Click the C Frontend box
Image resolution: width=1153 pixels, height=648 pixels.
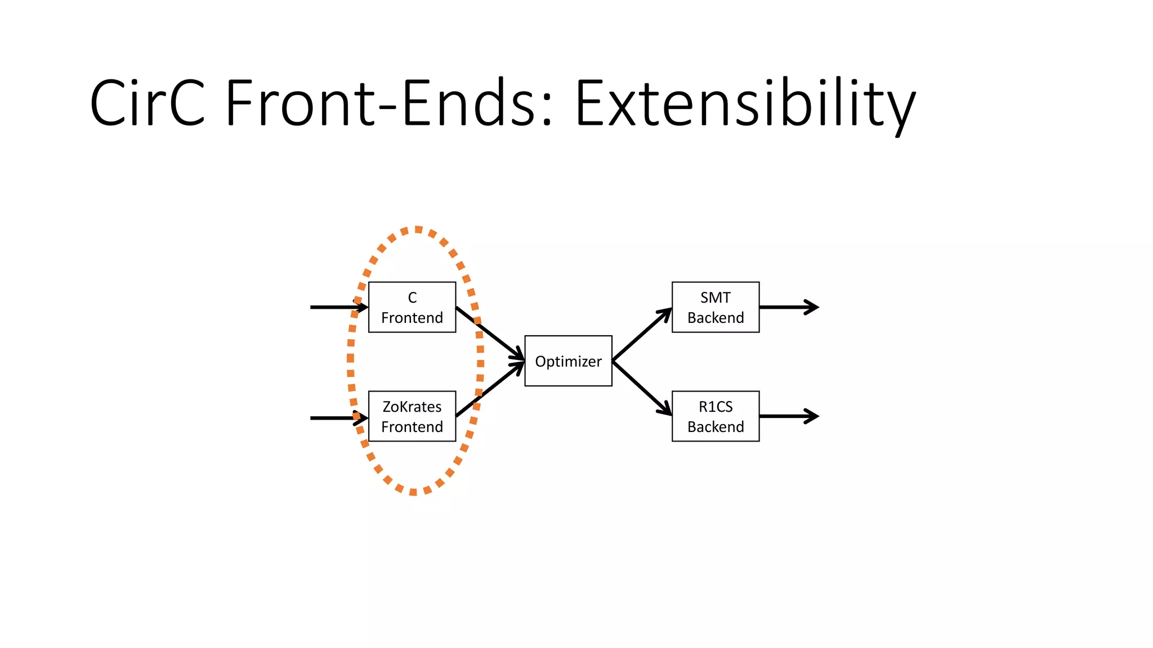[x=412, y=307]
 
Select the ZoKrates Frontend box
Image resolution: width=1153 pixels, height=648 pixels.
[x=412, y=416]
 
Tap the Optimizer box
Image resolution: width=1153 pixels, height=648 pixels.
[x=568, y=361]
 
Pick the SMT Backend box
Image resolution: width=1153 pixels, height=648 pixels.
[x=715, y=307]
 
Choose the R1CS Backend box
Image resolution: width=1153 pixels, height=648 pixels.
[x=715, y=416]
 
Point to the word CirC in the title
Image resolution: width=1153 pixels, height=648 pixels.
[x=148, y=103]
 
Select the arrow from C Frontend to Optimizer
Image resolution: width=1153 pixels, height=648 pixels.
[x=490, y=332]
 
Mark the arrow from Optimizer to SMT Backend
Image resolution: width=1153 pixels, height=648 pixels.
[x=642, y=334]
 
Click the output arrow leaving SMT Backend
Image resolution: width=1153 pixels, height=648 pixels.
[x=788, y=307]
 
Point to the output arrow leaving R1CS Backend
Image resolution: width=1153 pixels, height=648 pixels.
[x=788, y=416]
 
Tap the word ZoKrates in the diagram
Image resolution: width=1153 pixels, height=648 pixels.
[x=412, y=407]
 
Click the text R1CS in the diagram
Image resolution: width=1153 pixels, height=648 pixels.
[x=715, y=407]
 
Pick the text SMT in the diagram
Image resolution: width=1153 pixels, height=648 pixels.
[x=715, y=298]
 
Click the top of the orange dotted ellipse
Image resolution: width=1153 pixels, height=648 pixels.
[x=417, y=229]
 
